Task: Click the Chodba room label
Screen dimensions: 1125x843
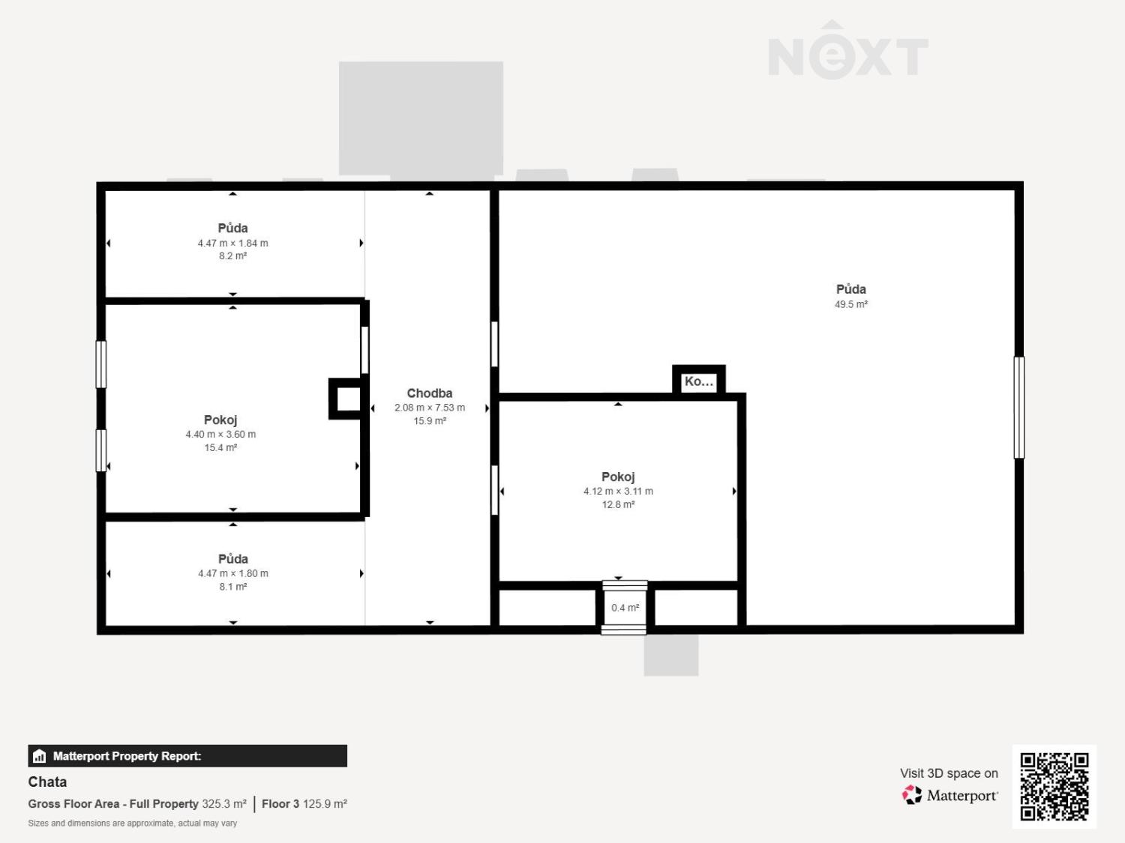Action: (430, 393)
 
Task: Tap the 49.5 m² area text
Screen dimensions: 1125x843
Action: (850, 304)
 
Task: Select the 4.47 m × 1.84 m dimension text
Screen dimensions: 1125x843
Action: (232, 243)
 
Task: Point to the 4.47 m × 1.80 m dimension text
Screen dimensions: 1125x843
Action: (233, 573)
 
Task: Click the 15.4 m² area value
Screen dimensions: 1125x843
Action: (220, 447)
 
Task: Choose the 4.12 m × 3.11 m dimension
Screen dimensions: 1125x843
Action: (618, 491)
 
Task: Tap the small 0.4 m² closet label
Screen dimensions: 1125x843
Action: (625, 608)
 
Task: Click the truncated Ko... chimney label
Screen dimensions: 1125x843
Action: (698, 381)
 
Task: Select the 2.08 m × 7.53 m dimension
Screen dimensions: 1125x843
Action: (430, 408)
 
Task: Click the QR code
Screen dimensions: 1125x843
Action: (1054, 787)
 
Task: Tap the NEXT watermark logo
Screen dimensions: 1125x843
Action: (848, 50)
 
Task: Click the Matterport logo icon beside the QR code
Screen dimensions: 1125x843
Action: (912, 794)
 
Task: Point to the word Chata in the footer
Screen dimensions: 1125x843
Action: (47, 782)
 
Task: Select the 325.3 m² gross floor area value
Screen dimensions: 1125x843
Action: (224, 803)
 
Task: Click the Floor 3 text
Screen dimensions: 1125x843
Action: (280, 803)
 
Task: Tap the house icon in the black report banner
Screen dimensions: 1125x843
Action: (40, 756)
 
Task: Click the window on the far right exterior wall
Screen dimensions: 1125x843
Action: (1019, 408)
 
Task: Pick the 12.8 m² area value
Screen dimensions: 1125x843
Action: (618, 504)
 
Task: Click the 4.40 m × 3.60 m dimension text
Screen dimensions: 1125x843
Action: (220, 434)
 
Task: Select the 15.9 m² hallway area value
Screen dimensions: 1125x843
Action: (430, 420)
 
